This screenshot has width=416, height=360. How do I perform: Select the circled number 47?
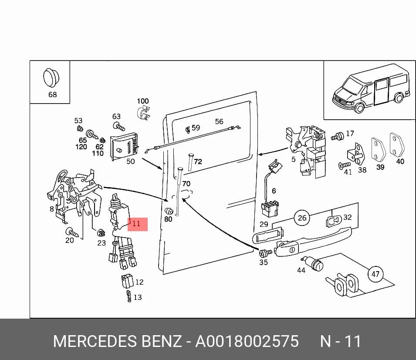[x=375, y=274]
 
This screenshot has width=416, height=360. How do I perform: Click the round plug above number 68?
[x=51, y=77]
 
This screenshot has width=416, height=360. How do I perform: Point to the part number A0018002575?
[x=247, y=341]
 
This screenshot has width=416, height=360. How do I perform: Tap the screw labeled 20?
[x=72, y=232]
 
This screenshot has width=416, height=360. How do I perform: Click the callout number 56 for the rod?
[x=219, y=122]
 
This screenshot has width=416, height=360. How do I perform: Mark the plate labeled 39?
[x=379, y=150]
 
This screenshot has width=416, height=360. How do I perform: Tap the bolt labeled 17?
[x=338, y=136]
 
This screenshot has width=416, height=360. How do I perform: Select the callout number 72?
[x=198, y=161]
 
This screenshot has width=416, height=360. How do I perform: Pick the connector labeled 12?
[x=127, y=281]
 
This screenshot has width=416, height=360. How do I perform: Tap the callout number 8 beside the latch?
[x=52, y=209]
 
